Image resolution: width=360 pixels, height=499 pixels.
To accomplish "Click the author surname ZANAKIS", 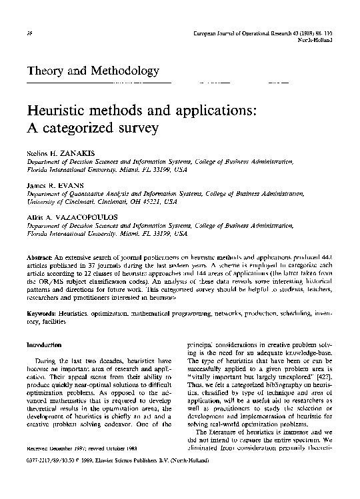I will click(x=73, y=154).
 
